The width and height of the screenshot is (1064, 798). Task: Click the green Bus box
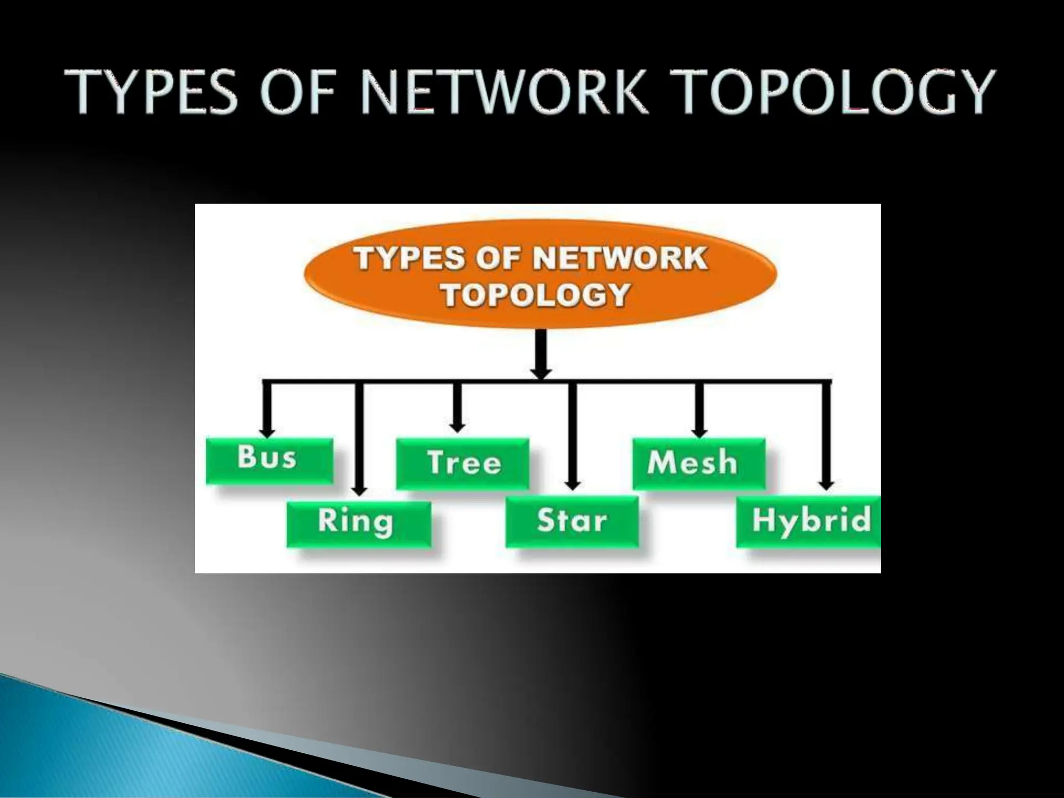pyautogui.click(x=269, y=461)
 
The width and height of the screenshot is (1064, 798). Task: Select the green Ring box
pyautogui.click(x=358, y=524)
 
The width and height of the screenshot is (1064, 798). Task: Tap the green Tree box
pyautogui.click(x=462, y=463)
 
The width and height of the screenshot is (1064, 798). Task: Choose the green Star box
pyautogui.click(x=571, y=521)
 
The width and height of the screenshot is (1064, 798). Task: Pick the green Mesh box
pyautogui.click(x=698, y=463)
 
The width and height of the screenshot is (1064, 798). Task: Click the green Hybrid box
pyautogui.click(x=808, y=521)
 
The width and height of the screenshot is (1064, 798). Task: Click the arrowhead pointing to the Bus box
pyautogui.click(x=267, y=432)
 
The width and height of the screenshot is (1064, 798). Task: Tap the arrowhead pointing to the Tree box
pyautogui.click(x=457, y=427)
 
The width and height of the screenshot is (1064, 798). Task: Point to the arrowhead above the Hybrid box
pyautogui.click(x=827, y=485)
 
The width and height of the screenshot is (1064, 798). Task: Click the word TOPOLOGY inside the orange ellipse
pyautogui.click(x=536, y=296)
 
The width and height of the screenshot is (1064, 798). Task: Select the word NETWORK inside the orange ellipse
pyautogui.click(x=620, y=258)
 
